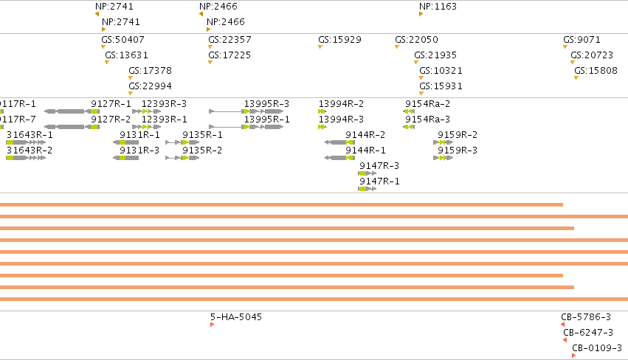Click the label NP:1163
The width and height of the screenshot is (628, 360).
(x=438, y=7)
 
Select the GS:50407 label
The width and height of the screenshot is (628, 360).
(x=123, y=40)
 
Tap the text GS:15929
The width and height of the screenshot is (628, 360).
(x=339, y=40)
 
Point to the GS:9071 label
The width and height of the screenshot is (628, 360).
(x=582, y=40)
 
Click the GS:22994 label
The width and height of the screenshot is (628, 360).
(x=151, y=86)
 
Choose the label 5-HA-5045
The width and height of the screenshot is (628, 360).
(x=236, y=316)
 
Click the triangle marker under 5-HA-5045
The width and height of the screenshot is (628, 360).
(x=212, y=325)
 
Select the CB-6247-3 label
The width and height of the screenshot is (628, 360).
(x=588, y=333)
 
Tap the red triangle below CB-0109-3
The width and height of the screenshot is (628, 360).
(x=573, y=356)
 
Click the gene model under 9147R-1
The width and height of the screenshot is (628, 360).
(x=368, y=189)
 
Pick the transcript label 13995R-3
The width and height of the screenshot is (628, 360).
(x=266, y=104)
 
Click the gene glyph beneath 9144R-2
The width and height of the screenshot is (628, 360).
(x=339, y=142)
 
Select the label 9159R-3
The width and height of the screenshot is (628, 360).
(x=458, y=150)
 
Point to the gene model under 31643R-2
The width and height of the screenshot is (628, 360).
(x=26, y=158)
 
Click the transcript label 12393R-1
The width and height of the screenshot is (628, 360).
(x=165, y=120)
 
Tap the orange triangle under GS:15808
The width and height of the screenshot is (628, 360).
(x=576, y=77)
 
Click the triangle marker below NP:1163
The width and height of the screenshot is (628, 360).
(x=421, y=14)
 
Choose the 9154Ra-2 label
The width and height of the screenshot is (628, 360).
(x=428, y=104)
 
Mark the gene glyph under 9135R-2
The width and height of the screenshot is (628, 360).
(x=182, y=158)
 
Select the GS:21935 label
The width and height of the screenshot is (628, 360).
(x=435, y=55)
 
